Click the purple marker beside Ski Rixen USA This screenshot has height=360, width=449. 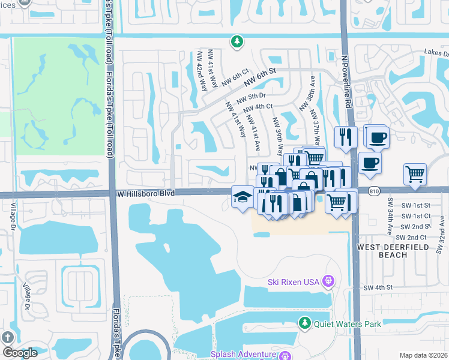click(x=328, y=281)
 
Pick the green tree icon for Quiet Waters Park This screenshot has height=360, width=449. click(x=305, y=323)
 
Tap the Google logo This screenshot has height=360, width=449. click(x=20, y=353)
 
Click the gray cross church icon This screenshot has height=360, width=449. click(x=8, y=337)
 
